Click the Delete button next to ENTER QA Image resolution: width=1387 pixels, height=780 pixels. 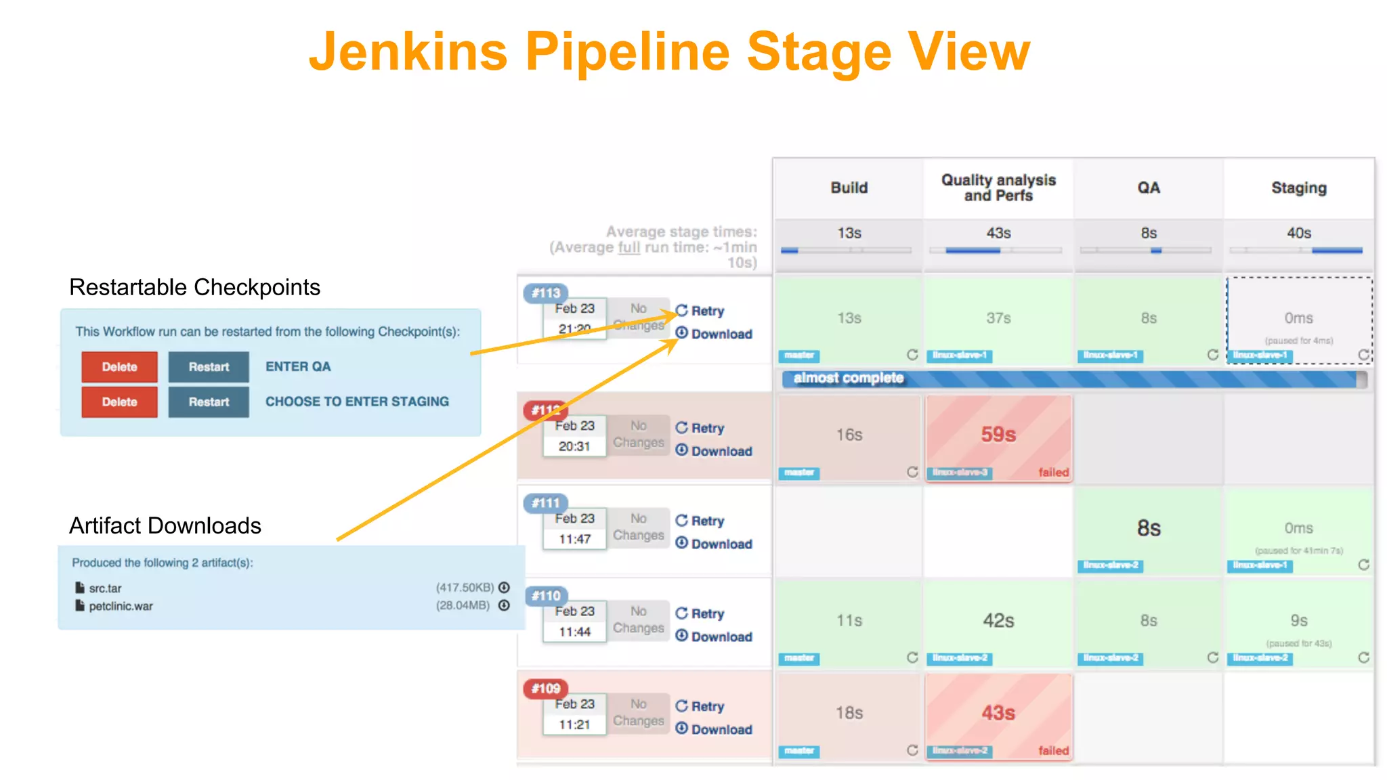coord(119,367)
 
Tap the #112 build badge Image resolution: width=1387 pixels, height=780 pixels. coord(545,410)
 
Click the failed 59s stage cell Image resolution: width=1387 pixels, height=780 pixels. coord(998,437)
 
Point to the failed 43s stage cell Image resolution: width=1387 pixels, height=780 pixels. coord(998,714)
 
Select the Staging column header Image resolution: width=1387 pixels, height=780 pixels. coord(1298,188)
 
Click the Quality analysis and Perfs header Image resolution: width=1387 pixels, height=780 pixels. coord(998,188)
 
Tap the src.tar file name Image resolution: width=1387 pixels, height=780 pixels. coord(105,588)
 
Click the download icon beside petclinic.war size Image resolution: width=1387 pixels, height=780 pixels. coord(504,605)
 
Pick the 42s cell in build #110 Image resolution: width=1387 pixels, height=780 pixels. coord(998,622)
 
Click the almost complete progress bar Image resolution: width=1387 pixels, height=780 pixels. coord(1073,378)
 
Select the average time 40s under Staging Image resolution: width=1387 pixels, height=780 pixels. coord(1298,234)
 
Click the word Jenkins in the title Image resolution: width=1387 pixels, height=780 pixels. coord(408,53)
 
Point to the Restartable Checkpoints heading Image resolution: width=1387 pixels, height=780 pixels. coord(194,287)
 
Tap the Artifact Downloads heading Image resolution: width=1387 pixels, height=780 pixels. coord(165,525)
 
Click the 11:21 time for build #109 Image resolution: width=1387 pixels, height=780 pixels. coord(574,724)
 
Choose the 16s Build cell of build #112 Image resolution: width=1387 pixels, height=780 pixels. coord(849,435)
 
